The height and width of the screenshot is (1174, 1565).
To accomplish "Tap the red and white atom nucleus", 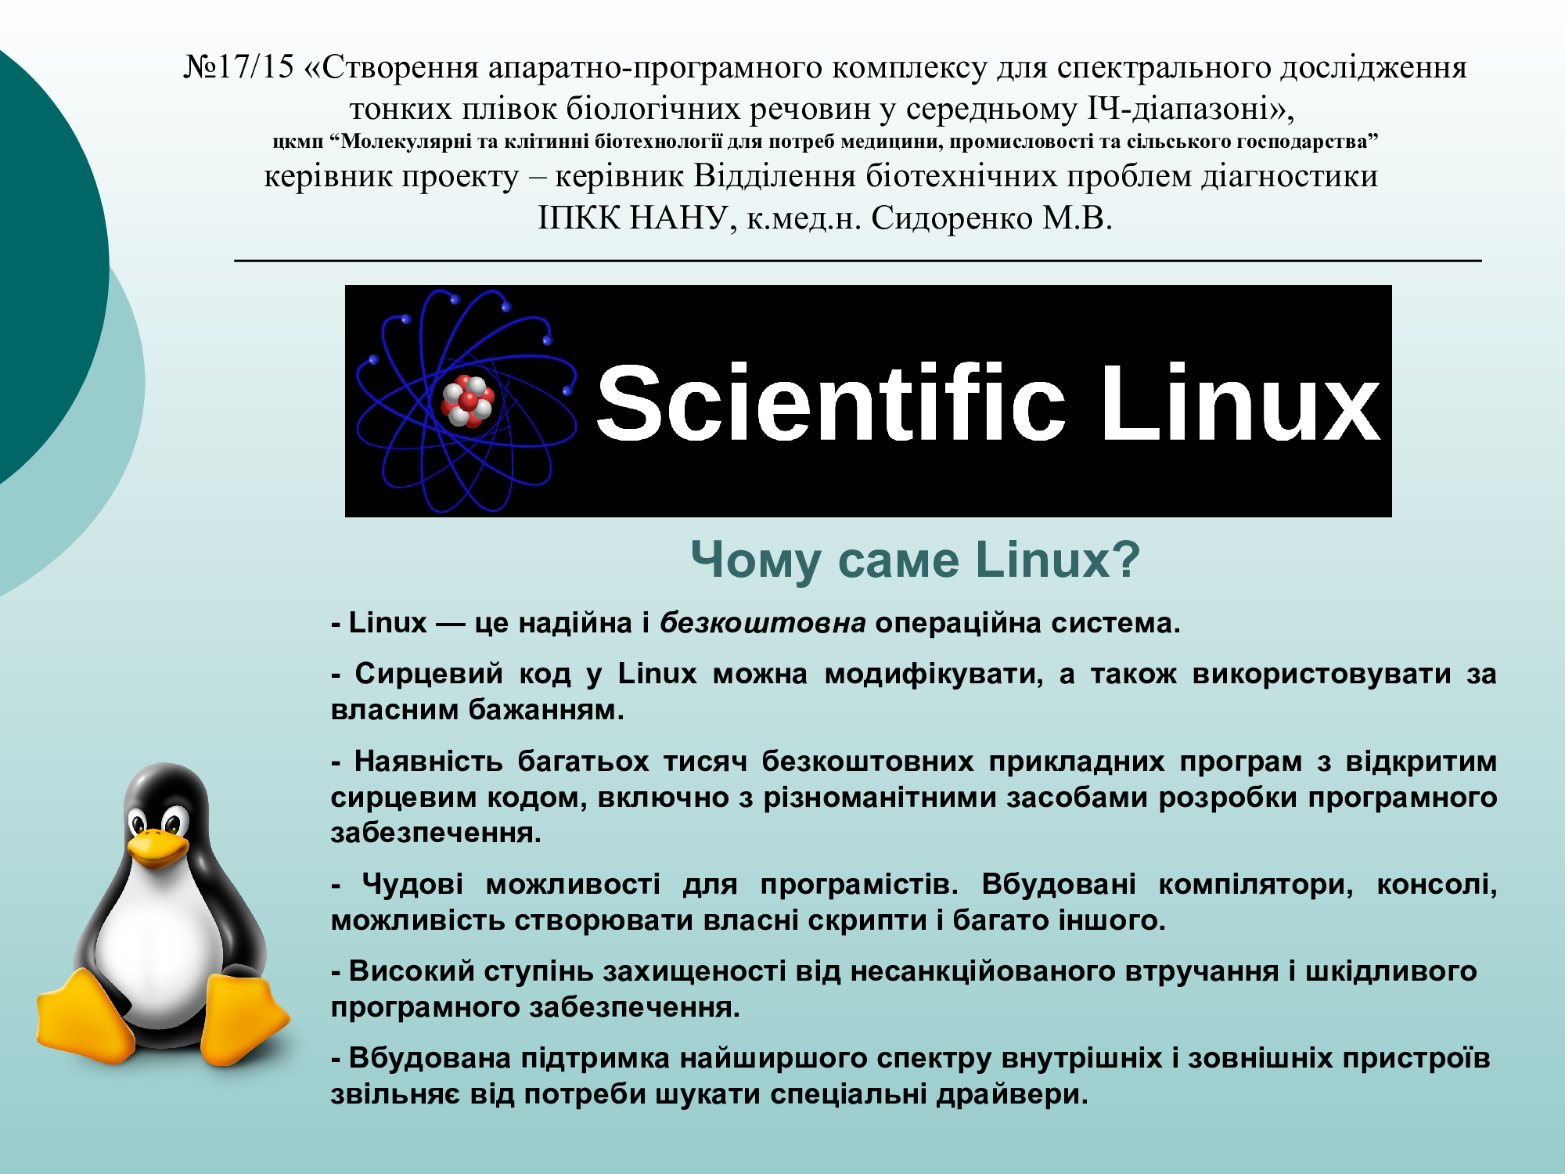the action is [468, 401].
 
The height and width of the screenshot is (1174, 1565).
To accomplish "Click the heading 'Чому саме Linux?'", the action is [915, 560].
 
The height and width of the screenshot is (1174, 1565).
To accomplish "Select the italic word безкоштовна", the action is [762, 623].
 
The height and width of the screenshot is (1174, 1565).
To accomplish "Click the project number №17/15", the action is [239, 68].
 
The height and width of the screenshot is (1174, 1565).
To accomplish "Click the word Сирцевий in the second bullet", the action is [429, 674].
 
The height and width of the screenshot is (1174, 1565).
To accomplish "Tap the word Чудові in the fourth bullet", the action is [412, 884].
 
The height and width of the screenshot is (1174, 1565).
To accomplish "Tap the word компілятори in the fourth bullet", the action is [1255, 885].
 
